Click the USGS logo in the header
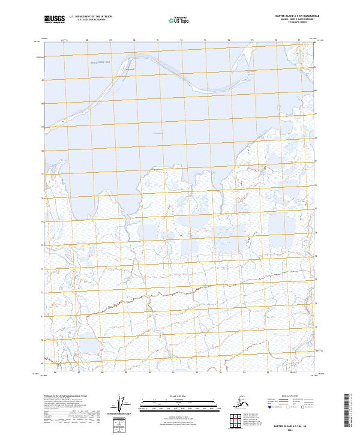[x=55, y=20]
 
